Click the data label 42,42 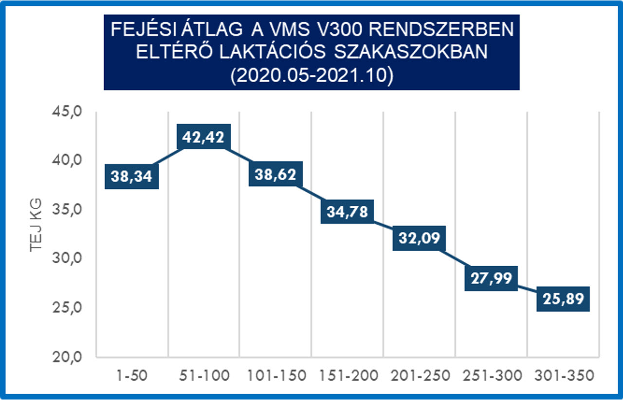coord(204,137)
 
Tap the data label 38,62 coord(275,174)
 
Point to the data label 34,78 coord(347,212)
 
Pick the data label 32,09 coord(419,238)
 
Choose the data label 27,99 coord(491,278)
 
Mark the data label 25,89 coord(563,299)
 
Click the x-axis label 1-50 coord(132,376)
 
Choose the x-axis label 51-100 coord(204,376)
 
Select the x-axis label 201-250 coord(419,376)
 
